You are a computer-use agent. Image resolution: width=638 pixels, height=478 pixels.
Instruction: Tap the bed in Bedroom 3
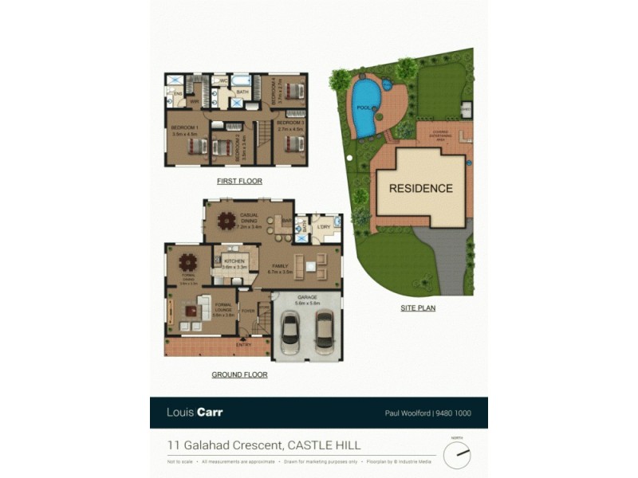(x=293, y=144)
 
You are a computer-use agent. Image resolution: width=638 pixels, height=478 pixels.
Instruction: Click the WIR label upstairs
(x=194, y=102)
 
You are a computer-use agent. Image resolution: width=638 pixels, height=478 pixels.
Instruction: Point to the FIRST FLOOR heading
(x=239, y=182)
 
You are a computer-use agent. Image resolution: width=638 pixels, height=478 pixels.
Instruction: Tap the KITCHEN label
(x=234, y=261)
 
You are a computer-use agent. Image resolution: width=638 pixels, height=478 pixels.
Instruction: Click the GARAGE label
(x=307, y=297)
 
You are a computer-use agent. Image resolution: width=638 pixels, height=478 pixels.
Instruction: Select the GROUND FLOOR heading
(x=239, y=374)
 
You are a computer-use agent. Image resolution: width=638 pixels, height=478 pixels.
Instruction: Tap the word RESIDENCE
(x=421, y=189)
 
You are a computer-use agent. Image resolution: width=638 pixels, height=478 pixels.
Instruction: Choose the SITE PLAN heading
(x=418, y=308)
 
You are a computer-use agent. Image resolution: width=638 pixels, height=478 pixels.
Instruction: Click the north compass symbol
(x=457, y=454)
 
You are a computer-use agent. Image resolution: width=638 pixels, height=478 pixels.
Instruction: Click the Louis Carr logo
(x=194, y=413)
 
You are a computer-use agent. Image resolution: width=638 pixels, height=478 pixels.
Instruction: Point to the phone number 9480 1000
(x=457, y=413)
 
